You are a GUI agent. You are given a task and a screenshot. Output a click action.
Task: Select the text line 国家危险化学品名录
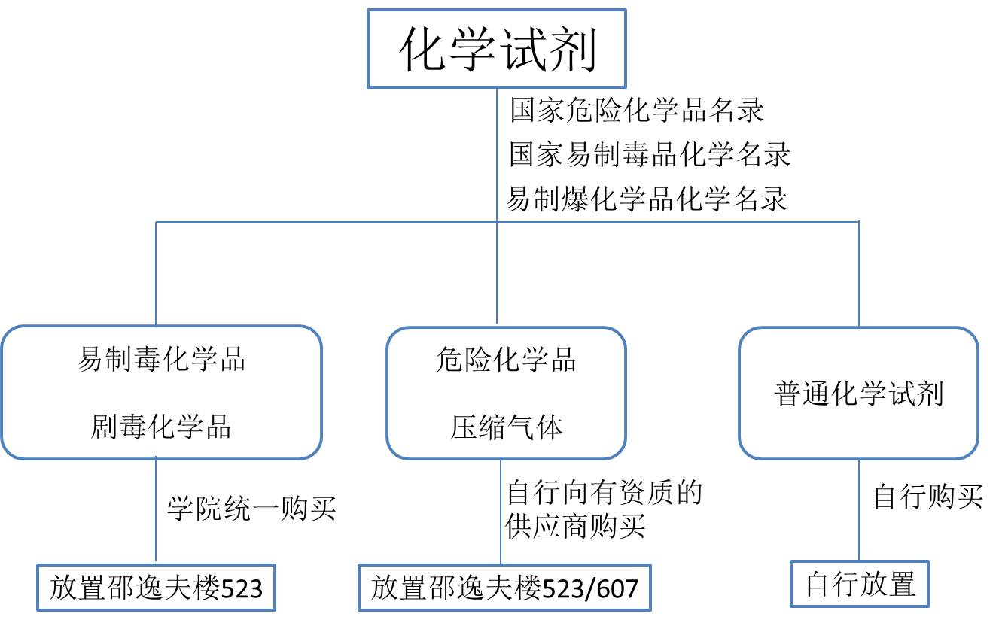[637, 110]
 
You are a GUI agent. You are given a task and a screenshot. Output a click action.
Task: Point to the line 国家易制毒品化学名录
[650, 154]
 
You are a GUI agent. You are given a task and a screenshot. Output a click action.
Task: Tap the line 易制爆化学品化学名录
[647, 199]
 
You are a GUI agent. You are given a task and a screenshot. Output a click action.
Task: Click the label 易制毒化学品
[162, 359]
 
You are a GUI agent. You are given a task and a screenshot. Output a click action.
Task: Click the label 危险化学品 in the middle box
[506, 360]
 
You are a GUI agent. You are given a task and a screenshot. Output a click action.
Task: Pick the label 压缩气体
[506, 427]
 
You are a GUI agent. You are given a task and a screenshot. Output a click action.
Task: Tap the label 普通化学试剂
[859, 394]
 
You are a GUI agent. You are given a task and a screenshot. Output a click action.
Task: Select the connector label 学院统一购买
[251, 509]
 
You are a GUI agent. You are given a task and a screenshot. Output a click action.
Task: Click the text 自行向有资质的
[605, 492]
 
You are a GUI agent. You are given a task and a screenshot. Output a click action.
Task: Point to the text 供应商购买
[576, 526]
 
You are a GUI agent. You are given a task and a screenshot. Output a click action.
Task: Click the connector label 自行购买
[928, 497]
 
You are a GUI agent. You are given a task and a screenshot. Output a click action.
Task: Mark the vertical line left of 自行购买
[859, 510]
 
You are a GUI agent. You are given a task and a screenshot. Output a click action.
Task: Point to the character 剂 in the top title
[572, 48]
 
